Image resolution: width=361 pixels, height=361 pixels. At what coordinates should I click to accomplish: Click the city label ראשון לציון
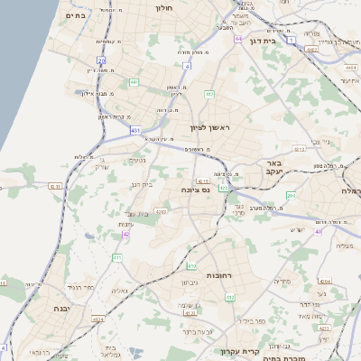pyautogui.click(x=209, y=128)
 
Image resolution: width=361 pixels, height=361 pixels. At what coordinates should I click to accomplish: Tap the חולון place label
pyautogui.click(x=164, y=7)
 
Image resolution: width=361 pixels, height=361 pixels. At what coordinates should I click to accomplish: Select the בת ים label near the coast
pyautogui.click(x=76, y=15)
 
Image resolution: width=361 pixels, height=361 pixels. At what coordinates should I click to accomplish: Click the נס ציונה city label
pyautogui.click(x=194, y=190)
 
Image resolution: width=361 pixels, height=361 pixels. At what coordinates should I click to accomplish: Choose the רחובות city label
pyautogui.click(x=221, y=274)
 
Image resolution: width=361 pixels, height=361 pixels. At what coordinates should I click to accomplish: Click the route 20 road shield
pyautogui.click(x=102, y=61)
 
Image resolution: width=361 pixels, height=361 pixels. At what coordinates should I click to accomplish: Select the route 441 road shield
pyautogui.click(x=134, y=82)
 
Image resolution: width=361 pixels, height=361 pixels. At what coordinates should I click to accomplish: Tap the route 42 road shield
pyautogui.click(x=126, y=233)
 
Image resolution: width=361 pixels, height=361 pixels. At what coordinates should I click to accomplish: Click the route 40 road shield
pyautogui.click(x=318, y=231)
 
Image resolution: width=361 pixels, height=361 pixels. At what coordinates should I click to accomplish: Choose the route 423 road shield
pyautogui.click(x=223, y=188)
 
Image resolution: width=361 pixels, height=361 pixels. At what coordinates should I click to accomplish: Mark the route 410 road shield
pyautogui.click(x=191, y=266)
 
